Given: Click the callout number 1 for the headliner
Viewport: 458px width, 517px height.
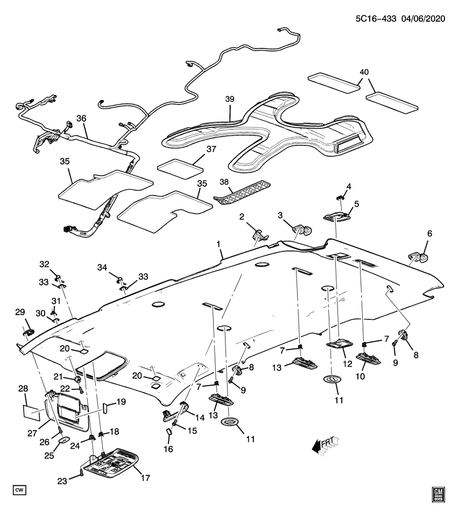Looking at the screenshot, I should (x=219, y=244).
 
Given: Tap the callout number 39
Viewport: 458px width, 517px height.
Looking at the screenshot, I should (x=230, y=100).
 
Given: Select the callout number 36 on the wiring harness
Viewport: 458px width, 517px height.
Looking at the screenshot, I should (x=82, y=118).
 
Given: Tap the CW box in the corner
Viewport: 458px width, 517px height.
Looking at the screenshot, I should (x=20, y=490).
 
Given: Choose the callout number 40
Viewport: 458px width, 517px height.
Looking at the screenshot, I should (x=364, y=72).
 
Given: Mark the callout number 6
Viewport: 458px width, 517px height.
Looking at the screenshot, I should (x=429, y=234).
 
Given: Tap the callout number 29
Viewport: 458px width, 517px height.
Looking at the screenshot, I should (x=20, y=312).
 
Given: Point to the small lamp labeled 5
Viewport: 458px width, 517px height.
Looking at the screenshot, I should (x=337, y=216).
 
